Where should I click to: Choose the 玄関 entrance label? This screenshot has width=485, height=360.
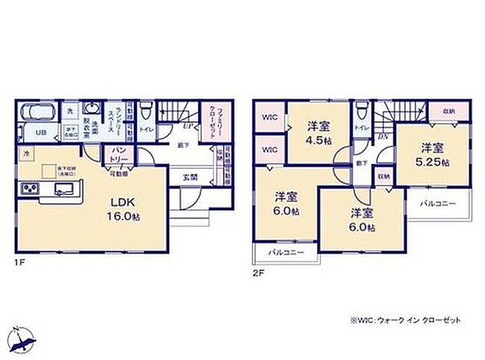[189, 176]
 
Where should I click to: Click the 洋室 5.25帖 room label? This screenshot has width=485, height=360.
[429, 153]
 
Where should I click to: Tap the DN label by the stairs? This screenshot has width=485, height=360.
[383, 134]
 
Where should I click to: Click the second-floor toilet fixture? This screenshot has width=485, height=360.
[361, 112]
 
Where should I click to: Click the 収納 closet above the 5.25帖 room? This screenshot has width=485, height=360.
[445, 111]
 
